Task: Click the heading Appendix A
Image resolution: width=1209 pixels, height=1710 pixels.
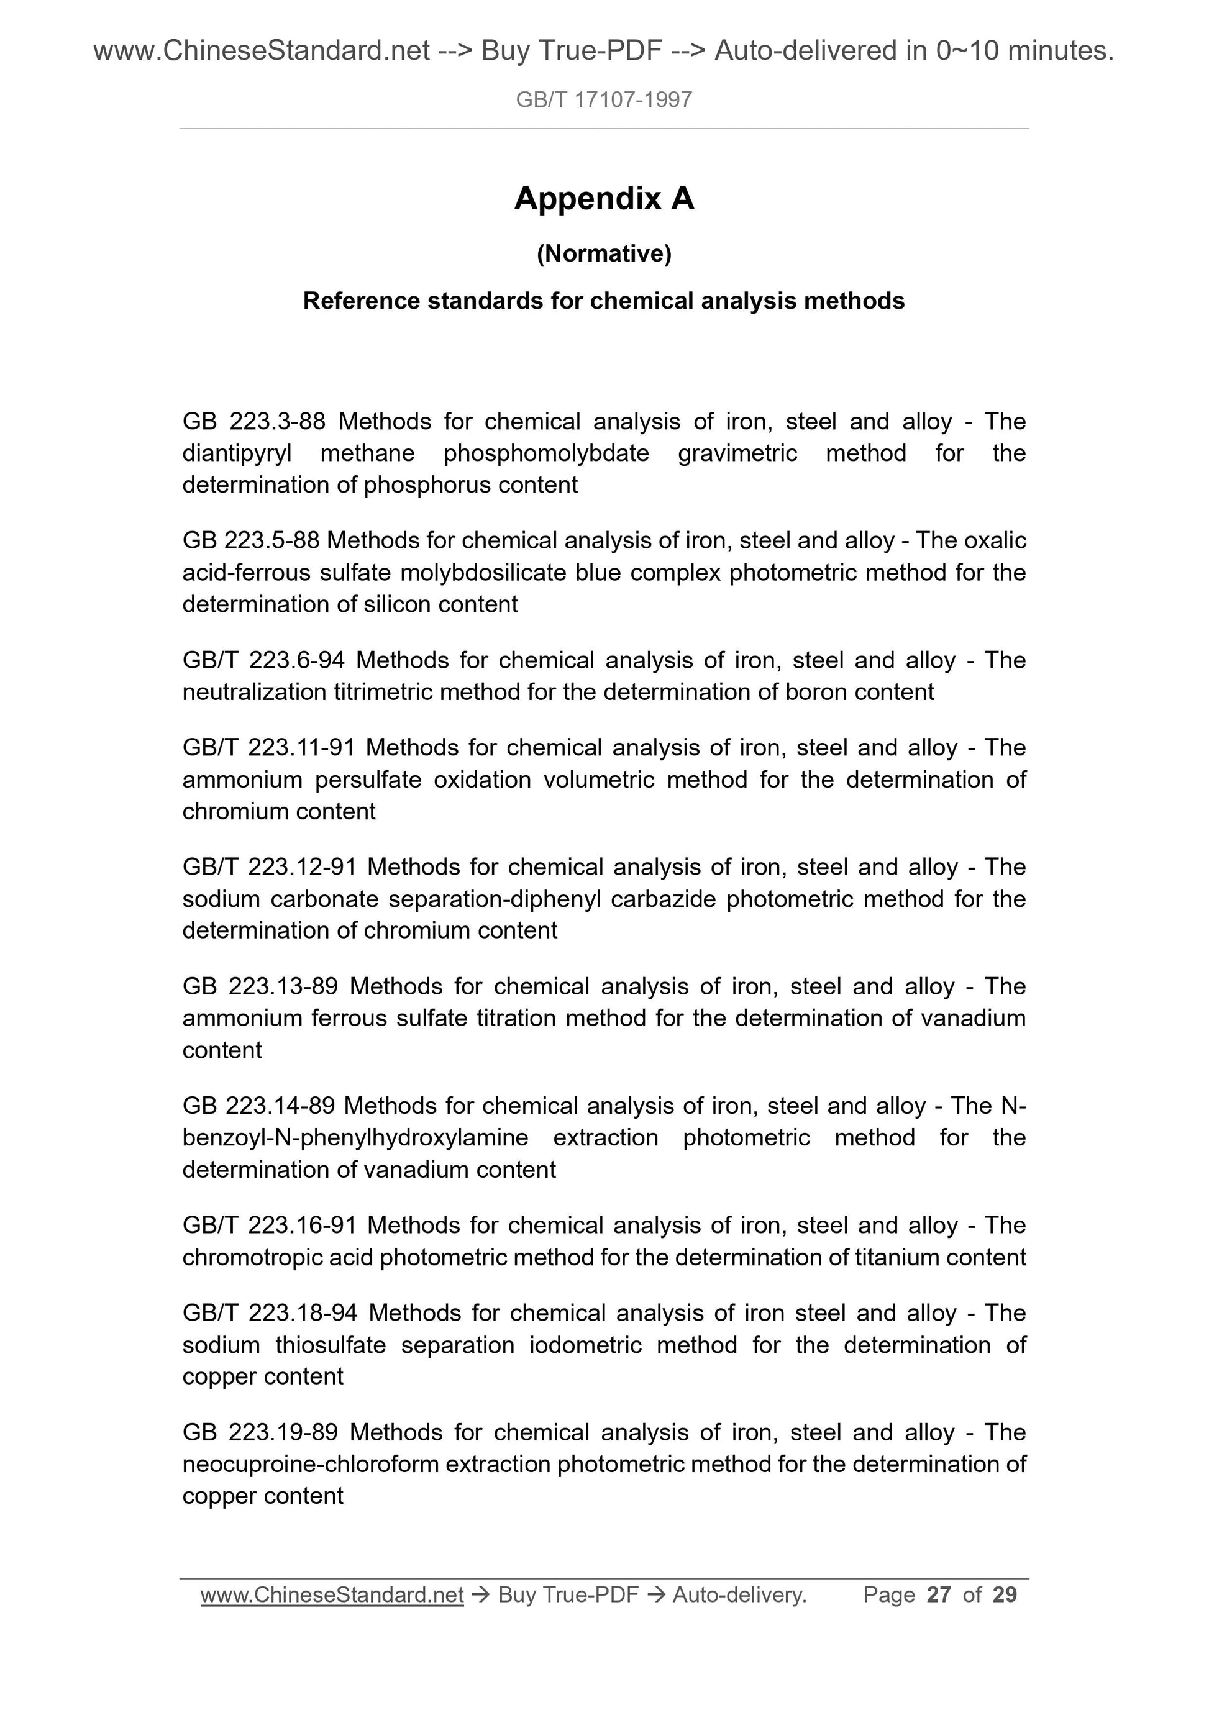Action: point(603,199)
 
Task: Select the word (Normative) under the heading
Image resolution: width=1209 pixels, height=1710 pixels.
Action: point(603,254)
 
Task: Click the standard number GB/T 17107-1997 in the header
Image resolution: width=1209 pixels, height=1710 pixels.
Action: point(603,100)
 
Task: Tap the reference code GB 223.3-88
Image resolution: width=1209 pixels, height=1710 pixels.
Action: point(254,422)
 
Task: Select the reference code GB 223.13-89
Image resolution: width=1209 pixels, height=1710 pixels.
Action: point(260,986)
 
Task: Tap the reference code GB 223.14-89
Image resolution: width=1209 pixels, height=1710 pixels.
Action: point(257,1106)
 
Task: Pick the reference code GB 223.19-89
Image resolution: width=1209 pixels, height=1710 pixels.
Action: point(260,1432)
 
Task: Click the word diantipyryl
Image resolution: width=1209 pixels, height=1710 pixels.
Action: point(237,453)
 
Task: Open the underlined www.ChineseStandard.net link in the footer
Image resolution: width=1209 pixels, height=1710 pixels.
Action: point(332,1594)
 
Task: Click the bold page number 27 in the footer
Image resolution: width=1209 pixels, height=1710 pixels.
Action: point(939,1594)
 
